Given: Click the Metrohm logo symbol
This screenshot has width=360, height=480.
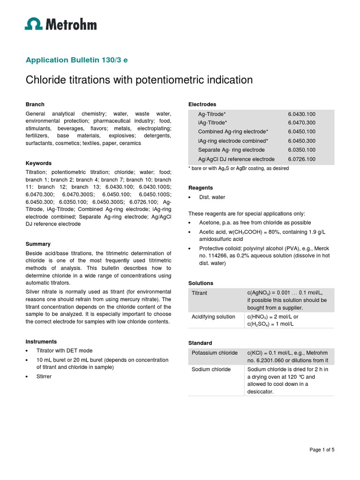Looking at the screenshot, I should tap(33, 24).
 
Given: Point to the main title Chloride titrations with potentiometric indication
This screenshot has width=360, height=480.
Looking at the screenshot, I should tap(139, 80).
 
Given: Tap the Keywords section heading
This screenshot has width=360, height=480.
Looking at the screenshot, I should tap(38, 163).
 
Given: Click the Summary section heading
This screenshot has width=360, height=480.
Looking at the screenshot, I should tap(38, 244).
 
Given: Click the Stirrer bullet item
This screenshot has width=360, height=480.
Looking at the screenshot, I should tap(44, 376).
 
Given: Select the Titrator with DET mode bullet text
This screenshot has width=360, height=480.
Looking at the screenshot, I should tap(65, 351).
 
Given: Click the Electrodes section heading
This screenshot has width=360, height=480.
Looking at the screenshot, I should tap(202, 104).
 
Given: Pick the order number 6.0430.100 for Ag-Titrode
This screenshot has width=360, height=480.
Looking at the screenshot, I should tap(302, 114).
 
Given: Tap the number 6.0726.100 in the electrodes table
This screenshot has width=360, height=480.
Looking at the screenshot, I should tap(302, 159).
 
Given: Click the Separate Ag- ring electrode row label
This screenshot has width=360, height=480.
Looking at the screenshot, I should tap(231, 150).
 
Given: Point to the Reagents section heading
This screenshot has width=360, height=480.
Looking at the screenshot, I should tap(201, 187).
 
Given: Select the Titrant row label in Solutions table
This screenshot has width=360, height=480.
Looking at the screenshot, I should tap(200, 293).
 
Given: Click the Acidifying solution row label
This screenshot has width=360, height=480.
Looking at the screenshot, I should tap(213, 317).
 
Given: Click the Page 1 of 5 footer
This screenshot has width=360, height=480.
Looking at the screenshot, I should tap(322, 450).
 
